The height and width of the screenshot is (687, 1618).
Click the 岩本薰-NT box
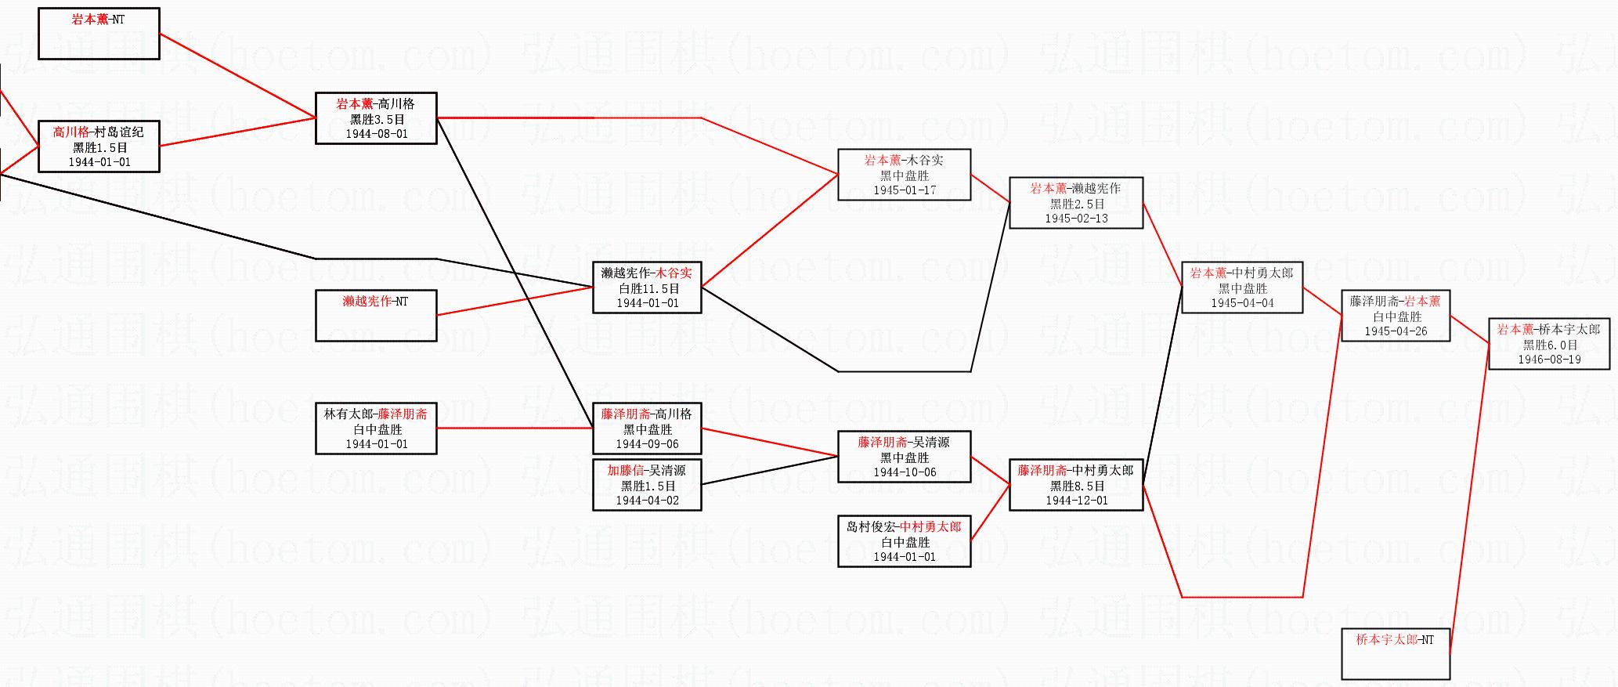(99, 34)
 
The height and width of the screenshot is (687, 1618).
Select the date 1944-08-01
(376, 134)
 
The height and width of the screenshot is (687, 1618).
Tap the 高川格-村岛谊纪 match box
(99, 146)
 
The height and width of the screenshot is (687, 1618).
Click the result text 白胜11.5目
(647, 288)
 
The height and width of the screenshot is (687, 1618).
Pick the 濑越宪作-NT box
(376, 316)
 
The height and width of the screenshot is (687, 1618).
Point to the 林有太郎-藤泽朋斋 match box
(376, 428)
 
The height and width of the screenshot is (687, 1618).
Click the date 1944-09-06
(647, 444)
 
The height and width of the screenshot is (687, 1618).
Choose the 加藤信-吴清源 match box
(647, 485)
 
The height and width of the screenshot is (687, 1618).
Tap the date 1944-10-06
(905, 472)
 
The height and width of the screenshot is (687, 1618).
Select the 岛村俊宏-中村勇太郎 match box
(905, 541)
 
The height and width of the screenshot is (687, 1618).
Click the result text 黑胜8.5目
(1076, 486)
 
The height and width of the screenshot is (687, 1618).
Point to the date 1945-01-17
(905, 190)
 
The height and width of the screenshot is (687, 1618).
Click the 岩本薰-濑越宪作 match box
(1076, 203)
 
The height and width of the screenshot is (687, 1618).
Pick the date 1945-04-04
(1242, 303)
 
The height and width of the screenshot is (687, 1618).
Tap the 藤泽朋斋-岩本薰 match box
(1396, 316)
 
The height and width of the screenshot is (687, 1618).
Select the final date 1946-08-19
(1549, 360)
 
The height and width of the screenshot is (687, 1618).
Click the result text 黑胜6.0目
(1549, 345)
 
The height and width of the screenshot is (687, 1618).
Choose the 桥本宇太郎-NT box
(1396, 654)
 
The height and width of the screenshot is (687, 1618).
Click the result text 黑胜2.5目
(1076, 204)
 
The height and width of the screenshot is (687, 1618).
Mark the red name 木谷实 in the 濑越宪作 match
(674, 273)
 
